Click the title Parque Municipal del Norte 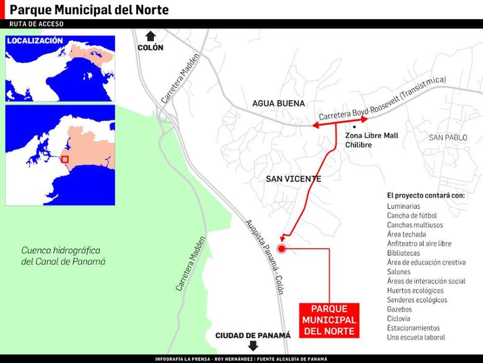pyautogui.click(x=89, y=11)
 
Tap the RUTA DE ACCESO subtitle pyautogui.click(x=37, y=24)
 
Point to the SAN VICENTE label pyautogui.click(x=294, y=179)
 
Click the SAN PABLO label pyautogui.click(x=448, y=137)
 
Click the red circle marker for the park pyautogui.click(x=281, y=249)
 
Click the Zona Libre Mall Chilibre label pyautogui.click(x=372, y=139)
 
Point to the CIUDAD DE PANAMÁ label pyautogui.click(x=253, y=335)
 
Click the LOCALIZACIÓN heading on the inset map pyautogui.click(x=35, y=41)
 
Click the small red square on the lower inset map pyautogui.click(x=64, y=160)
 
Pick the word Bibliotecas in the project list pyautogui.click(x=403, y=253)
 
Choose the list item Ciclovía pyautogui.click(x=399, y=318)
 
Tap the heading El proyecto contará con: pyautogui.click(x=426, y=195)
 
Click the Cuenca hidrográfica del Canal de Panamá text pyautogui.click(x=63, y=256)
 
